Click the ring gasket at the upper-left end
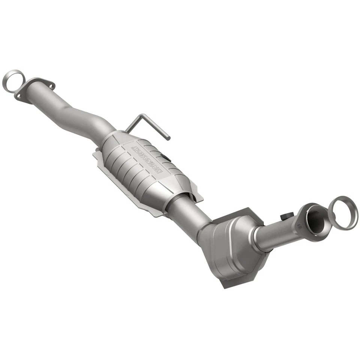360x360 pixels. (13, 81)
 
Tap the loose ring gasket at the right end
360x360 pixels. (343, 213)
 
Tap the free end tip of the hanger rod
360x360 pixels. (168, 138)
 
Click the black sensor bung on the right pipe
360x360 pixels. (286, 217)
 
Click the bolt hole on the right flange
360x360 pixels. (300, 225)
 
